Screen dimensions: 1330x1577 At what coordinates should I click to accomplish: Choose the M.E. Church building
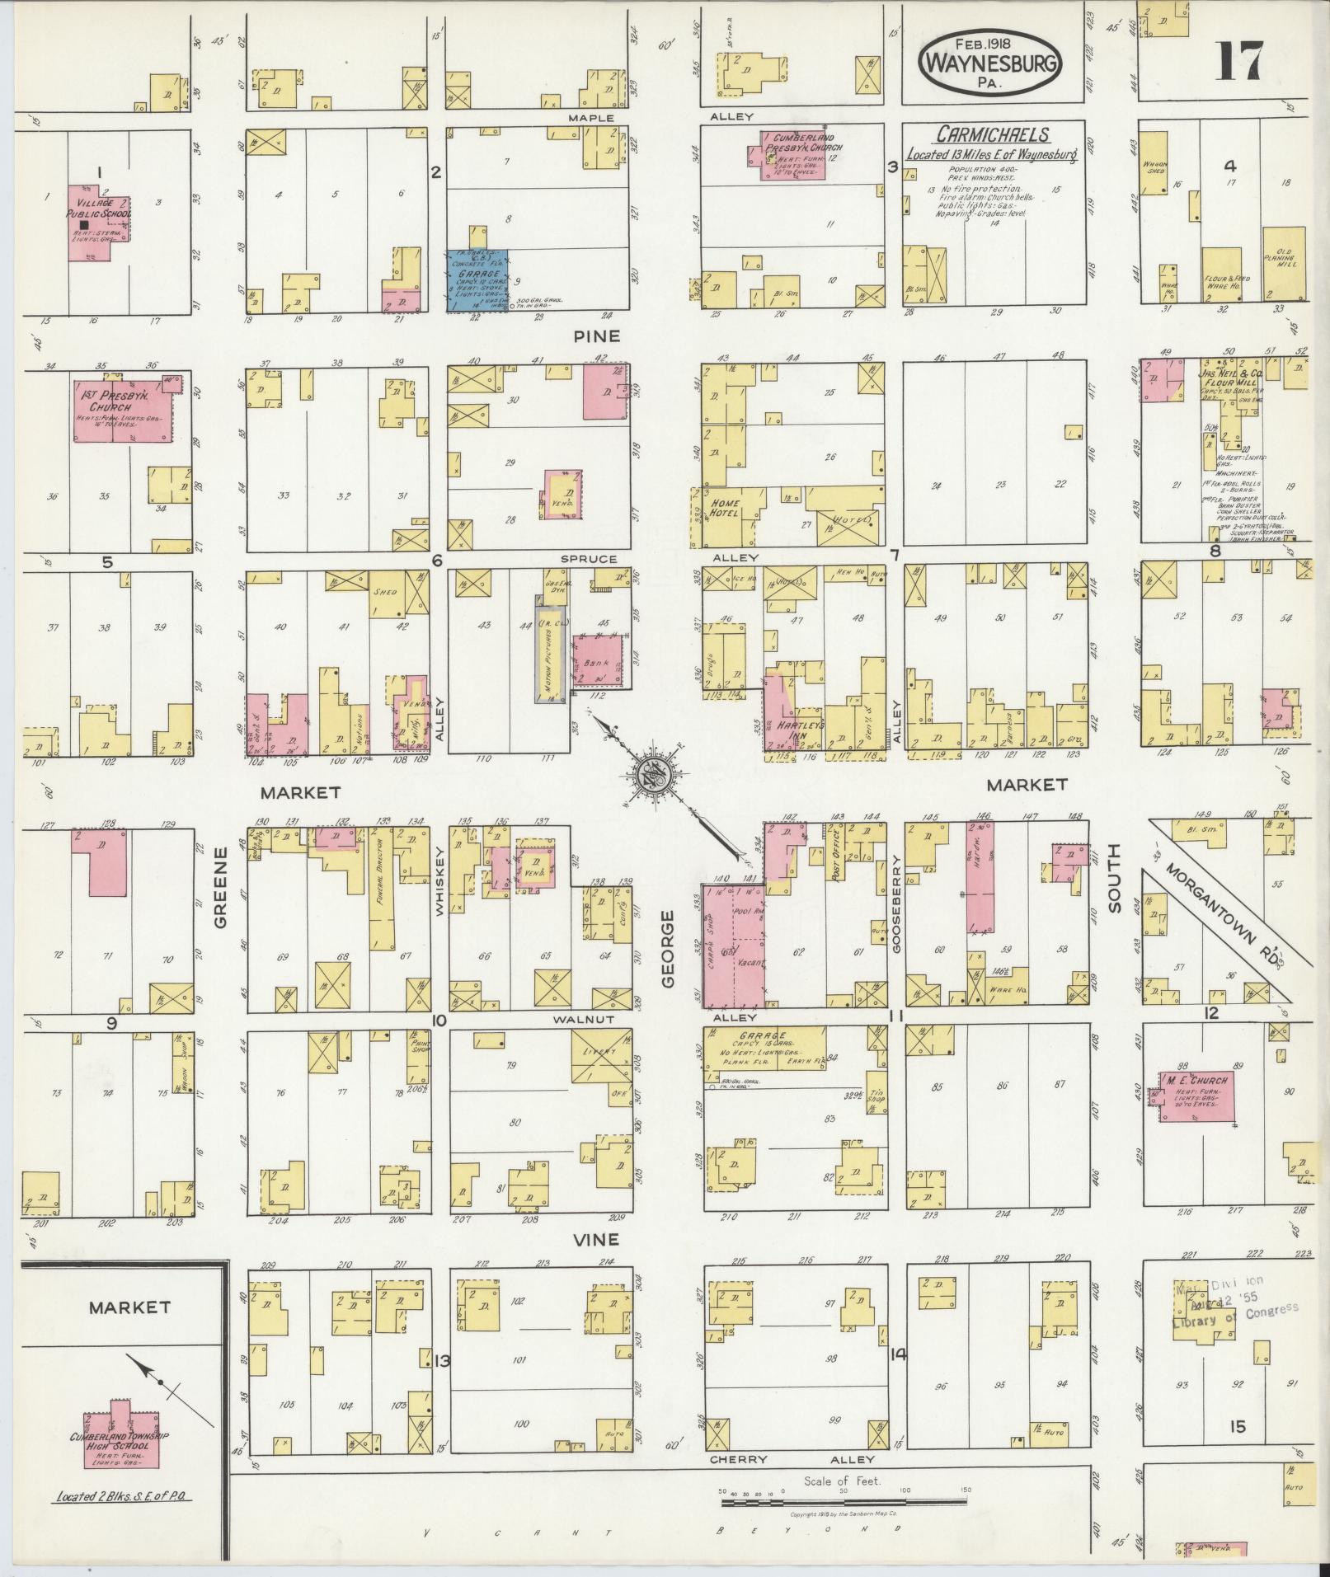1198,1097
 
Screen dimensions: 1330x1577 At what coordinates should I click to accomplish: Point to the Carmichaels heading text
991,135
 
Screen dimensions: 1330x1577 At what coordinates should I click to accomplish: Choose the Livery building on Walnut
601,1056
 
